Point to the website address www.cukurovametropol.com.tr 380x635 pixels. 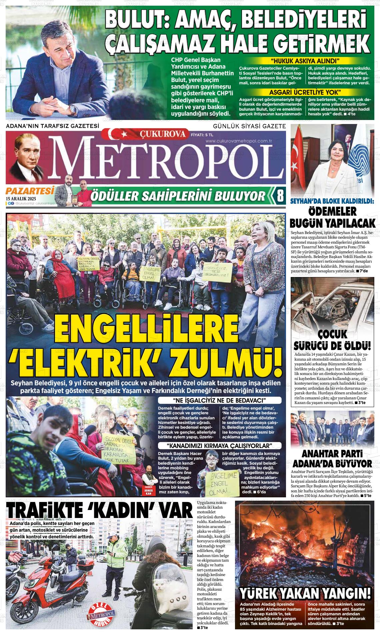tap(239, 141)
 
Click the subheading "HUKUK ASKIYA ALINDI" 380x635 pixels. tap(305, 61)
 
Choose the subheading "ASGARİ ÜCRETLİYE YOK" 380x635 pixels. tap(305, 92)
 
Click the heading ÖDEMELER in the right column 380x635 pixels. tap(332, 211)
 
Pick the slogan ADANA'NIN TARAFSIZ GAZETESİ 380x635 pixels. tap(53, 126)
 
